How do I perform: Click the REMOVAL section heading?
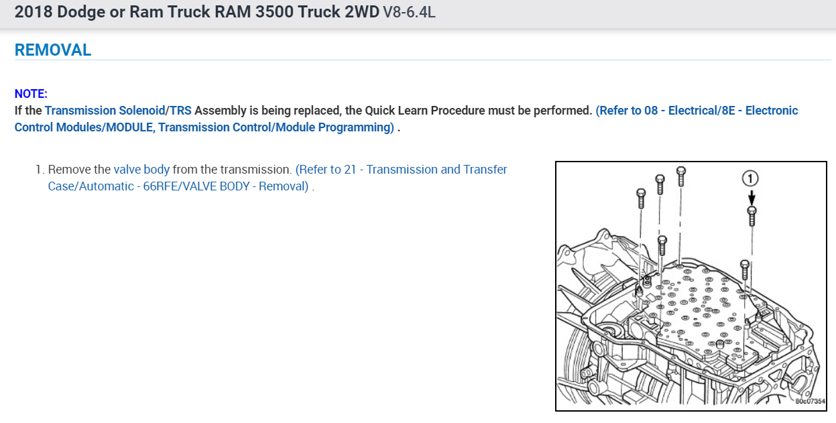click(x=53, y=50)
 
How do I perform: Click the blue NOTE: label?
click(x=31, y=94)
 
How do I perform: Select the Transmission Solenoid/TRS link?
click(x=118, y=111)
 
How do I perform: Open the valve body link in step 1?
click(x=141, y=170)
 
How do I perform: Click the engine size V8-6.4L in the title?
click(x=409, y=13)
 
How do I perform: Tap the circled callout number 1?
click(x=751, y=178)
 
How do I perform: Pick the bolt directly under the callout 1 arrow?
click(x=752, y=215)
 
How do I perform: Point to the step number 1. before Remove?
click(x=40, y=170)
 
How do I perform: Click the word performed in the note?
click(x=563, y=111)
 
